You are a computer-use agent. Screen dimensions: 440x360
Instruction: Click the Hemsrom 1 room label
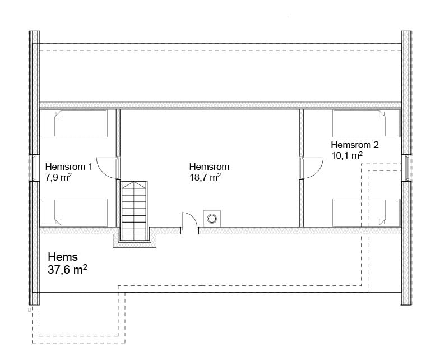[68, 167]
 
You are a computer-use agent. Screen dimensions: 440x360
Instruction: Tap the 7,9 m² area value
[58, 177]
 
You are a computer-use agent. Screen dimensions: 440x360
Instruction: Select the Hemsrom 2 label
[355, 145]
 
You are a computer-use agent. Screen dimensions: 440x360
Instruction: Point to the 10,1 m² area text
[347, 155]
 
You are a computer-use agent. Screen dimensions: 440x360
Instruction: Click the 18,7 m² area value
[205, 177]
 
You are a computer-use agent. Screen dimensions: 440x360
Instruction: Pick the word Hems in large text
[63, 257]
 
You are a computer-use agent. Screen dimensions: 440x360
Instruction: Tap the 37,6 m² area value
[67, 270]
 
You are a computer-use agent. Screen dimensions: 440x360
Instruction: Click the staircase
[135, 211]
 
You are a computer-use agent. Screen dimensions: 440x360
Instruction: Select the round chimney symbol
[212, 218]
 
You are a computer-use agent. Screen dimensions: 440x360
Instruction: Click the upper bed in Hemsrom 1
[74, 123]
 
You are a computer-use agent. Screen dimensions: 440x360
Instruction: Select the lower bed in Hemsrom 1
[74, 213]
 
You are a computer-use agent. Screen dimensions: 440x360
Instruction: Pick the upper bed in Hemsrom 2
[366, 123]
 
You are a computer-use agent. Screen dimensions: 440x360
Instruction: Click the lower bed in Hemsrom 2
[366, 213]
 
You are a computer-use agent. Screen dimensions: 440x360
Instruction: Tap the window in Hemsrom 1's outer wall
[33, 168]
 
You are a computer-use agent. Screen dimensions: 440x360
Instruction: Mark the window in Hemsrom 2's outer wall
[407, 168]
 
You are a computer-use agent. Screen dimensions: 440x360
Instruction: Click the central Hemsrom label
[209, 167]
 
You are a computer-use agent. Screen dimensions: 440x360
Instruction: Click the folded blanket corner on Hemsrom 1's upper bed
[58, 114]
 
